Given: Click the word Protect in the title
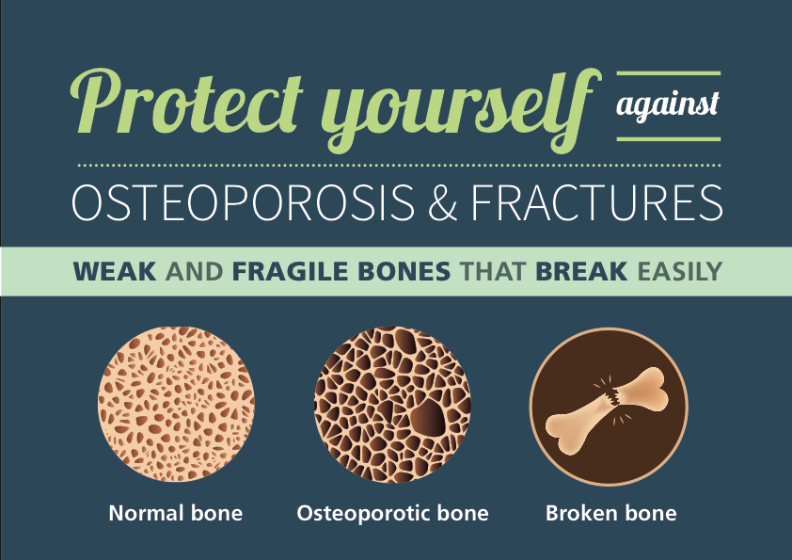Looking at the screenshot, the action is tap(187, 104).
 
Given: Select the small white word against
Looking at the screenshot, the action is tap(668, 106).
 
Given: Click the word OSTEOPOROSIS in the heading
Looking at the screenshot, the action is tap(243, 202).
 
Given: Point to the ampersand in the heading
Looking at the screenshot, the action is tap(442, 202).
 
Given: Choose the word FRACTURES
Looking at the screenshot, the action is tap(596, 202).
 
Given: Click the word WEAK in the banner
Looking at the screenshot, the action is tap(115, 271).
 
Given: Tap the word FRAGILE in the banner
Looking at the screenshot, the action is tap(291, 271).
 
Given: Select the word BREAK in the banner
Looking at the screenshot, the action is tap(581, 271).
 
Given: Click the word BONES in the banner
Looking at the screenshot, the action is tap(404, 271).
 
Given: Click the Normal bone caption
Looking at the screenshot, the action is tap(176, 514).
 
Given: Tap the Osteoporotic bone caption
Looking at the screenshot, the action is tap(392, 514).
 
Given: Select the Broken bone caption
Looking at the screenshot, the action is tap(611, 514).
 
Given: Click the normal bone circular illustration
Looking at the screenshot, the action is tap(176, 404).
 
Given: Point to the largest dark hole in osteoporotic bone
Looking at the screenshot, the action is tap(427, 417).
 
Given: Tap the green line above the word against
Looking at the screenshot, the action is tap(669, 73).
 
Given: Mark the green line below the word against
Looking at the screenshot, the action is tap(669, 139).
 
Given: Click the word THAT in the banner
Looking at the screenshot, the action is tap(493, 271).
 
